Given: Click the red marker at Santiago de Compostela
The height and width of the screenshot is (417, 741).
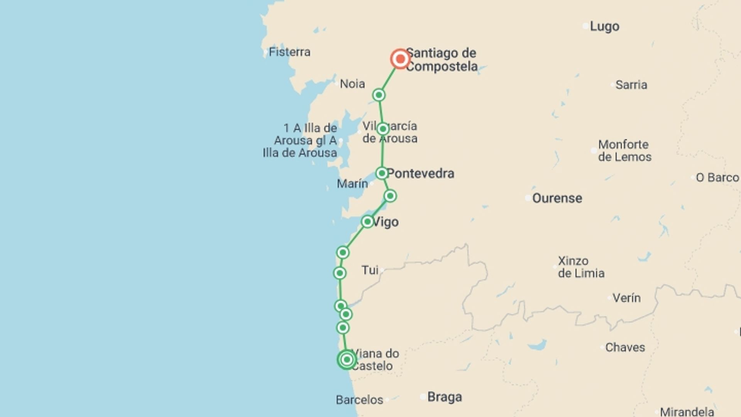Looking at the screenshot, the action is [x=400, y=59].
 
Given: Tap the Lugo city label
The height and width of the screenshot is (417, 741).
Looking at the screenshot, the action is [x=604, y=27].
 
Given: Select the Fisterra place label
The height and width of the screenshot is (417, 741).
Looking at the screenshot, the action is [x=289, y=52].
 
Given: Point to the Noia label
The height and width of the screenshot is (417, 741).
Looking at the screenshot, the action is [x=352, y=84].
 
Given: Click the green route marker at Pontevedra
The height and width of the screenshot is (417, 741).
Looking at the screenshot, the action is [x=382, y=173].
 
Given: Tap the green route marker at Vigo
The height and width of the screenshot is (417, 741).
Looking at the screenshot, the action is [x=367, y=222].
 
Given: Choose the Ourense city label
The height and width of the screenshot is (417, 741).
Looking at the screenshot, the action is [x=557, y=198].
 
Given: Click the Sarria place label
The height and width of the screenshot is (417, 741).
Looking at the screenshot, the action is [x=631, y=85].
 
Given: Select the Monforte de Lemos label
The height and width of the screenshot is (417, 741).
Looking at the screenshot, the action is [x=624, y=151].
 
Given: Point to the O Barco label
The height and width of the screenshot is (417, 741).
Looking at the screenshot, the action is [x=717, y=178].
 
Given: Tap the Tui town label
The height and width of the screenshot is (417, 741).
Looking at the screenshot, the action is [x=370, y=270].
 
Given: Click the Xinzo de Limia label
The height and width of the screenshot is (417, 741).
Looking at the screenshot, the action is [x=581, y=267].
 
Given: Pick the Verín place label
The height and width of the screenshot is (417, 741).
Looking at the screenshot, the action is [x=626, y=298].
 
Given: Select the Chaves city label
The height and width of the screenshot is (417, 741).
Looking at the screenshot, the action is [x=625, y=347].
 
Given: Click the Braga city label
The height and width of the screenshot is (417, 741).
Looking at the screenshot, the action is [x=445, y=397].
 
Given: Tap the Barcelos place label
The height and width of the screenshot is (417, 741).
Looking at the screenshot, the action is [x=359, y=400].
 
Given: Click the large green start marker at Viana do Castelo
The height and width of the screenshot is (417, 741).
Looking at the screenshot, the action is [x=347, y=360].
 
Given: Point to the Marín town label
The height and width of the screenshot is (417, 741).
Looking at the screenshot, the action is [x=352, y=184].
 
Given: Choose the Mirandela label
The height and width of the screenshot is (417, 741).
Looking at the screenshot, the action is [x=687, y=412].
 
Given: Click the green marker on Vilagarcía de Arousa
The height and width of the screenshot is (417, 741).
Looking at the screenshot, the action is [x=382, y=129].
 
